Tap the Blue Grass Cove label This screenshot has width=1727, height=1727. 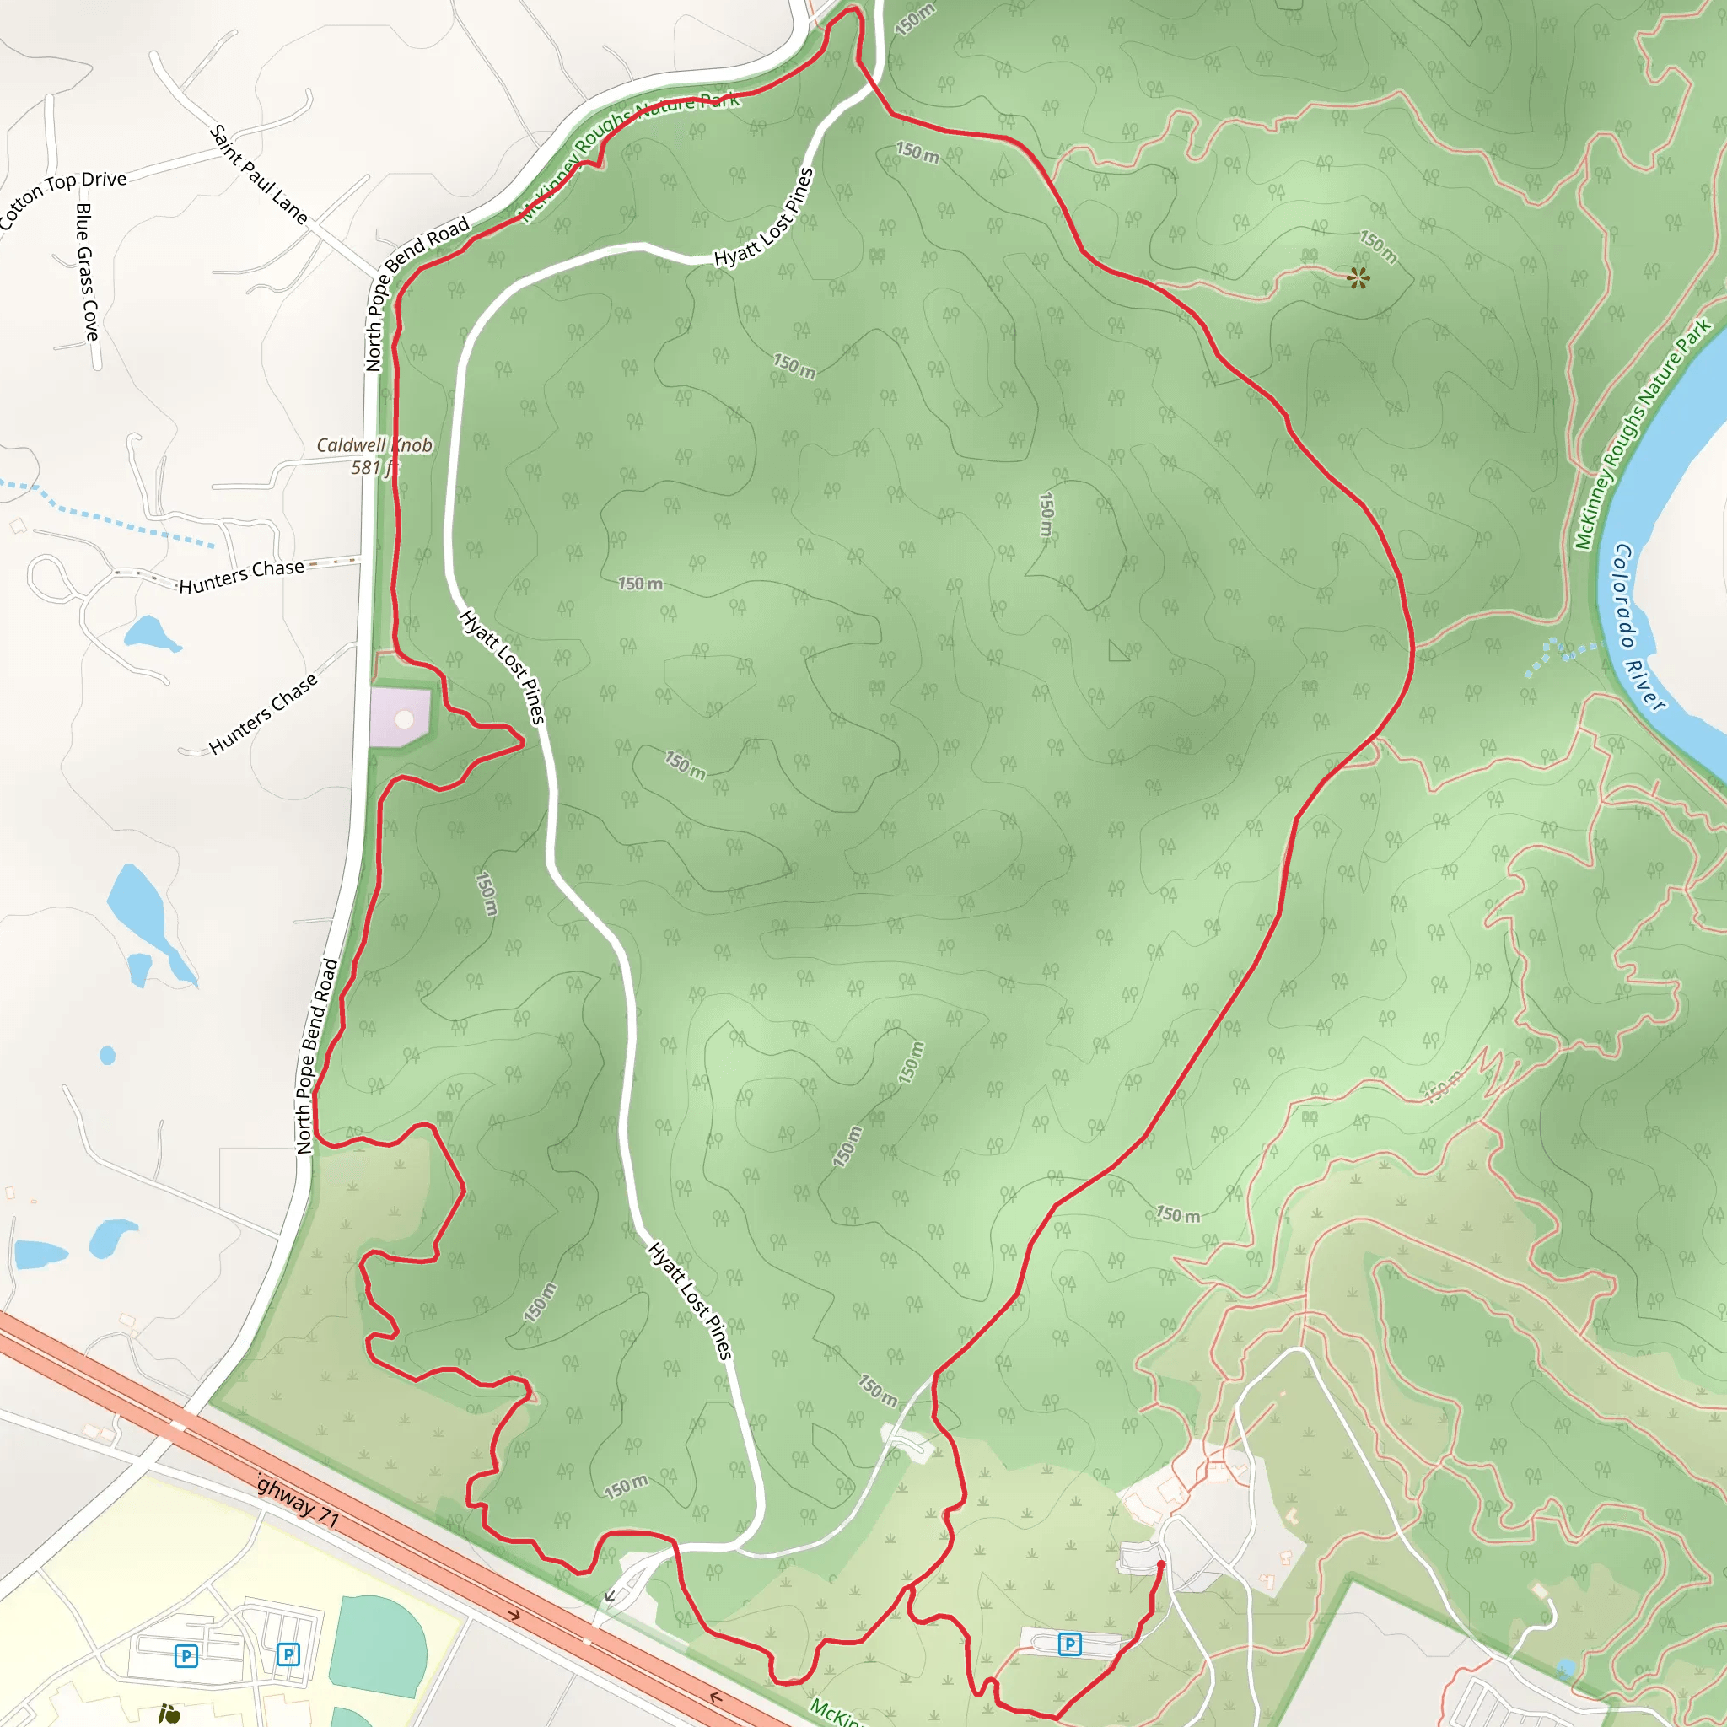(x=87, y=272)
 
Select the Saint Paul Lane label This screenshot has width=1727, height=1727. (x=258, y=175)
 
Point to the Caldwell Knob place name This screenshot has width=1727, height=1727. (x=374, y=445)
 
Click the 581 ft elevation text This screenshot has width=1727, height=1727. (x=374, y=467)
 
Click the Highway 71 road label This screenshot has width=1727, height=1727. (x=298, y=1502)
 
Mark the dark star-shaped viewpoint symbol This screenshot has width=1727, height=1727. (x=1358, y=278)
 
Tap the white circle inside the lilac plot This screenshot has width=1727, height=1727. (x=404, y=718)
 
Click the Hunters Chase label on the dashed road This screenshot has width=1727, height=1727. (x=241, y=577)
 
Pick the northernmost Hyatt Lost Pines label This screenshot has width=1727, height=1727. (x=764, y=218)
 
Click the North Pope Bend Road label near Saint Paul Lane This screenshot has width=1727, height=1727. (x=417, y=293)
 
